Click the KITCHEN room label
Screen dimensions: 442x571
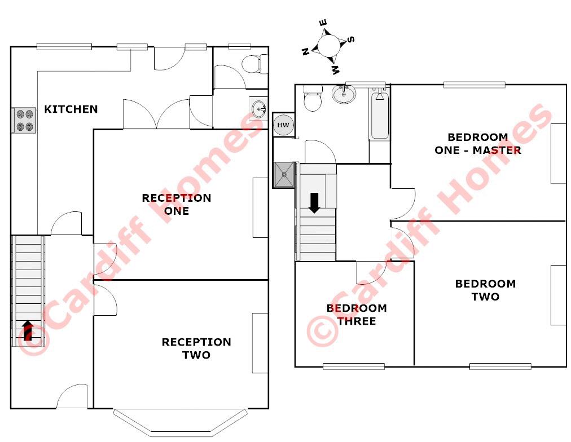point(71,109)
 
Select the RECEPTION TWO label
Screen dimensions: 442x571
point(196,348)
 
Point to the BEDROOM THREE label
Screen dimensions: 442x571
point(357,315)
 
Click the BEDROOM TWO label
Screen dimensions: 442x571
point(485,290)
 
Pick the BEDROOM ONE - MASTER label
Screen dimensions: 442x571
point(478,144)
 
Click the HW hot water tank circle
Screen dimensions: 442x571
point(283,125)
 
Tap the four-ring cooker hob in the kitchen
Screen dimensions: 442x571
point(24,120)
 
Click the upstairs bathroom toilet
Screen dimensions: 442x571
point(312,99)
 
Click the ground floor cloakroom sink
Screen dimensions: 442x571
point(259,107)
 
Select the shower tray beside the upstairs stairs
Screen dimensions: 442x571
point(284,174)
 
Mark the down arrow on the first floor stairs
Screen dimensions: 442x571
point(314,202)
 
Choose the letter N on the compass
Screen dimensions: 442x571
point(305,51)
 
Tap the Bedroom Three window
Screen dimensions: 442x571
point(354,366)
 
